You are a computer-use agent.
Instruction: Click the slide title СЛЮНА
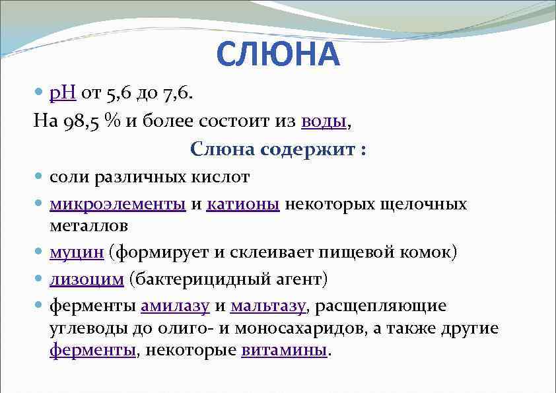tap(278, 55)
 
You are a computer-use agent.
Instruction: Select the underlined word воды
tap(323, 121)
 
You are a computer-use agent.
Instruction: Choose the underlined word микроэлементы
tap(118, 204)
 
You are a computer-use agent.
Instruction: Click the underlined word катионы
tap(244, 204)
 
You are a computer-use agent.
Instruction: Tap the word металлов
tap(88, 225)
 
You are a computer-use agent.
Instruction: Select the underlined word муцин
tap(77, 252)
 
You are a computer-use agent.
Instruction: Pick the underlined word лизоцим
tap(87, 279)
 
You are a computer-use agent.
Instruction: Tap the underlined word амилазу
tap(175, 306)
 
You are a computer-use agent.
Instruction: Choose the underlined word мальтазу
tap(268, 306)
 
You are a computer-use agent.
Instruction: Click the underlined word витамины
tap(284, 350)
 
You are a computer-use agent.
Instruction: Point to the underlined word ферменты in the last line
tap(92, 350)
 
